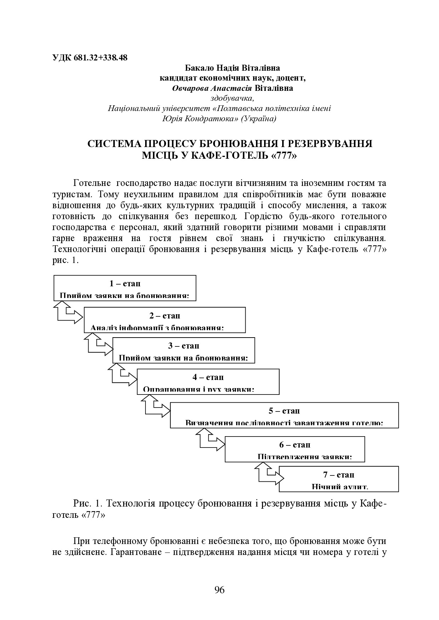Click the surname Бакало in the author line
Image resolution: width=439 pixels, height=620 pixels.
(x=200, y=68)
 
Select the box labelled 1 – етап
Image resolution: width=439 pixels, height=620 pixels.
(x=125, y=288)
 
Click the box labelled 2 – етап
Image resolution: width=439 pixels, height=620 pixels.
(x=165, y=320)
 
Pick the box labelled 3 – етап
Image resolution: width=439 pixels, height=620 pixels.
(x=184, y=350)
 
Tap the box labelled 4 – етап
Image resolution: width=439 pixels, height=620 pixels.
(x=208, y=381)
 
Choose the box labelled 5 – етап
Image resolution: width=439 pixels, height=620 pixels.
(x=284, y=415)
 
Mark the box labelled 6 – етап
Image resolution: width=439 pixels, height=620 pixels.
(x=295, y=449)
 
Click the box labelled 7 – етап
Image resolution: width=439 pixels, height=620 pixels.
(x=339, y=479)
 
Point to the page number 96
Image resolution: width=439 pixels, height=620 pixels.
(x=219, y=590)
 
